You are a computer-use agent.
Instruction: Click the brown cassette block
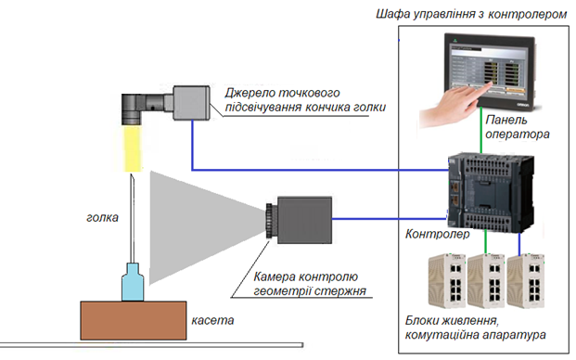(x=134, y=320)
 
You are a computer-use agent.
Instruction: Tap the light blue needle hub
(x=133, y=282)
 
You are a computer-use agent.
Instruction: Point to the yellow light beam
(x=133, y=148)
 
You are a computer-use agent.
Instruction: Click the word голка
(x=102, y=217)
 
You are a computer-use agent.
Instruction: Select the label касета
(x=212, y=320)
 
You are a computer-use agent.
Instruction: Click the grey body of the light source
(x=191, y=103)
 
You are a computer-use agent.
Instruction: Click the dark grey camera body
(x=304, y=220)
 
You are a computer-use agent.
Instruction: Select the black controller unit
(x=491, y=192)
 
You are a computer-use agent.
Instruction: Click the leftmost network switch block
(x=447, y=280)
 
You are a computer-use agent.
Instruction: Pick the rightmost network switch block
(x=526, y=280)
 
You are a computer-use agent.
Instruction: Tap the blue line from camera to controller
(x=390, y=219)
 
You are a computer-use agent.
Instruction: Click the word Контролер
(x=437, y=234)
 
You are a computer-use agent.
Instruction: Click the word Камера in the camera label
(x=275, y=276)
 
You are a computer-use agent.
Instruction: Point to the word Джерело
(x=250, y=93)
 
